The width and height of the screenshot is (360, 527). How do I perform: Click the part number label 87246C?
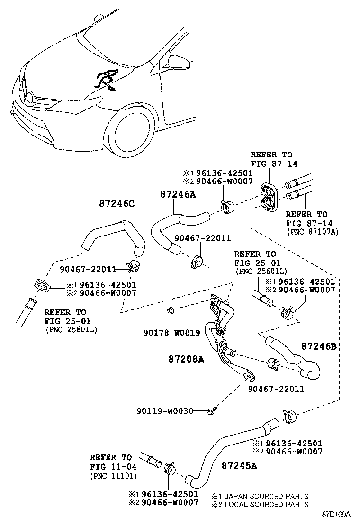point(117,204)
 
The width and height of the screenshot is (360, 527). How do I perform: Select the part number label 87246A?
point(178,194)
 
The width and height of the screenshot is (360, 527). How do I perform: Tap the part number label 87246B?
point(319,347)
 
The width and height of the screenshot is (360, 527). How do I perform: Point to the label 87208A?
point(186,360)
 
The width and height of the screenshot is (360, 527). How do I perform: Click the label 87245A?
point(239,465)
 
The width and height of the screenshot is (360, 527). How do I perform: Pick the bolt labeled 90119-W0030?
point(212,410)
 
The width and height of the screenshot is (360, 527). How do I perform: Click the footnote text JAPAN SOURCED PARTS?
point(266,496)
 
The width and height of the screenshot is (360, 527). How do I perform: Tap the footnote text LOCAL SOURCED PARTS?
point(266,504)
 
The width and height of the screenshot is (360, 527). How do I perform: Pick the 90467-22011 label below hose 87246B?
point(276,389)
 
